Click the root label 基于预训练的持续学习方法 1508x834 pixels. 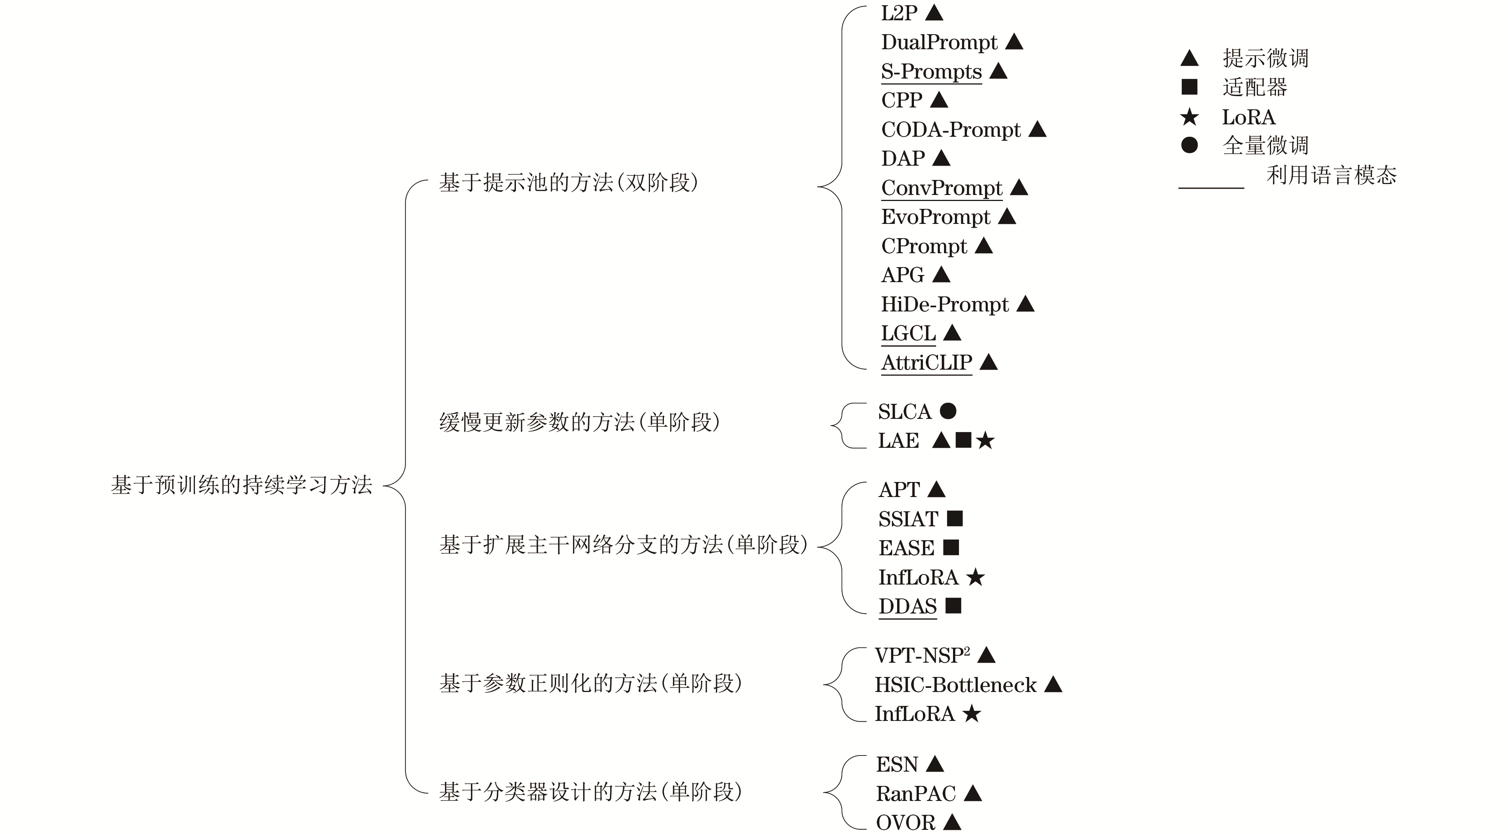coord(241,485)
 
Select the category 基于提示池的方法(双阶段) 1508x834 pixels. coord(568,183)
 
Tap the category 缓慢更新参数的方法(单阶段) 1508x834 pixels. coord(579,422)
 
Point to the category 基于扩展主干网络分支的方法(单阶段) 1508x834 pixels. coord(623,545)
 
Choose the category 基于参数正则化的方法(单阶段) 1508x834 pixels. coord(590,683)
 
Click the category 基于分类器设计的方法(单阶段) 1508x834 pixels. coord(590,792)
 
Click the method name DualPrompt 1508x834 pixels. coord(939,42)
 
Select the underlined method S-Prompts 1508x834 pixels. coord(931,71)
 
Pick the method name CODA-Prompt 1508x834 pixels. coord(951,130)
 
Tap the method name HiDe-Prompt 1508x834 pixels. coord(945,304)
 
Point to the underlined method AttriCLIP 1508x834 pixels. coord(927,363)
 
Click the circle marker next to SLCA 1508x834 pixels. coord(948,411)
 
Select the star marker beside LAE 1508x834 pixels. coord(985,440)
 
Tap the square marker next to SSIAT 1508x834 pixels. coord(955,518)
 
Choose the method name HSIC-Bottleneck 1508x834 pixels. coord(955,684)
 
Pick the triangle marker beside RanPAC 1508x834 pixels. coord(973,793)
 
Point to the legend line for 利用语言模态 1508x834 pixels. coord(1211,188)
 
